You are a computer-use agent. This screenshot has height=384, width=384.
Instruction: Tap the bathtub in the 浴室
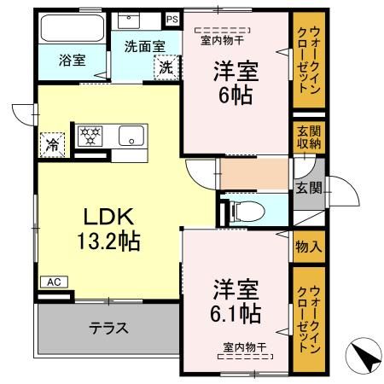point(70,32)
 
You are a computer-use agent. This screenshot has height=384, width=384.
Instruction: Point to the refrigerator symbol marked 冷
point(52,145)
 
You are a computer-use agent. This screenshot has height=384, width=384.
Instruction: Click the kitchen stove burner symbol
point(90,136)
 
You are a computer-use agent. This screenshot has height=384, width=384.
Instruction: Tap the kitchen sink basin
point(132,135)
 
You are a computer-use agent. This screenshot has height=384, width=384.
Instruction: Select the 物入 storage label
point(309,247)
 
